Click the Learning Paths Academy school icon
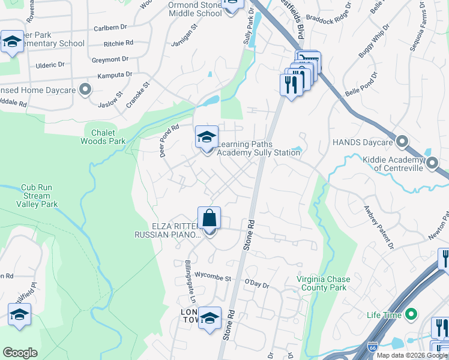pos(206,137)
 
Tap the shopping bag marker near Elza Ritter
pos(209,219)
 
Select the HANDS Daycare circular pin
pos(402,142)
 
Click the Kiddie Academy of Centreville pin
pos(432,161)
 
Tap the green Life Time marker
pos(411,314)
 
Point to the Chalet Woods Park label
pos(103,137)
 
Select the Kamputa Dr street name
pos(112,74)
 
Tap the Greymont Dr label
pos(110,59)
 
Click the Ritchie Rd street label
pos(118,43)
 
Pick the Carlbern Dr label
pos(112,28)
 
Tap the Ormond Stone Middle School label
pos(194,9)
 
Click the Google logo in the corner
pos(20,353)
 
